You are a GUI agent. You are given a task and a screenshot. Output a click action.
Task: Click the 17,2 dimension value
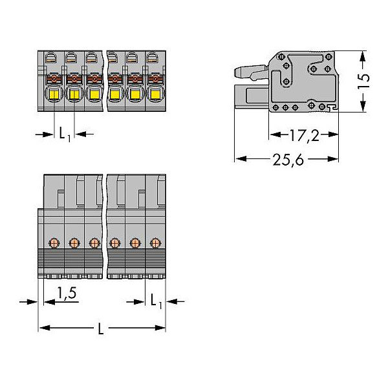(x=304, y=135)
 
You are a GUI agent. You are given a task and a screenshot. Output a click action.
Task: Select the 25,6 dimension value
(x=288, y=160)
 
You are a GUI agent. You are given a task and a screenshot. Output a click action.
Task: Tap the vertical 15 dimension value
(x=363, y=81)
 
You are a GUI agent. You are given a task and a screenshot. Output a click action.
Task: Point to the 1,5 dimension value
(x=67, y=293)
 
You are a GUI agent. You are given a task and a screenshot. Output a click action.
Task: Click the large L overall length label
(x=101, y=329)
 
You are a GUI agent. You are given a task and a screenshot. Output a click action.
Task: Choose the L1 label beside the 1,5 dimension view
(x=156, y=301)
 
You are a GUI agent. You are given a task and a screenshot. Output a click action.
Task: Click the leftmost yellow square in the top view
(x=54, y=94)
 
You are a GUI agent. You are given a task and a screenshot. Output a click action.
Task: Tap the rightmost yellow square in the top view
(x=155, y=94)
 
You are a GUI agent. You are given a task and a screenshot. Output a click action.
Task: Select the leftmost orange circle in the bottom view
(x=54, y=243)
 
